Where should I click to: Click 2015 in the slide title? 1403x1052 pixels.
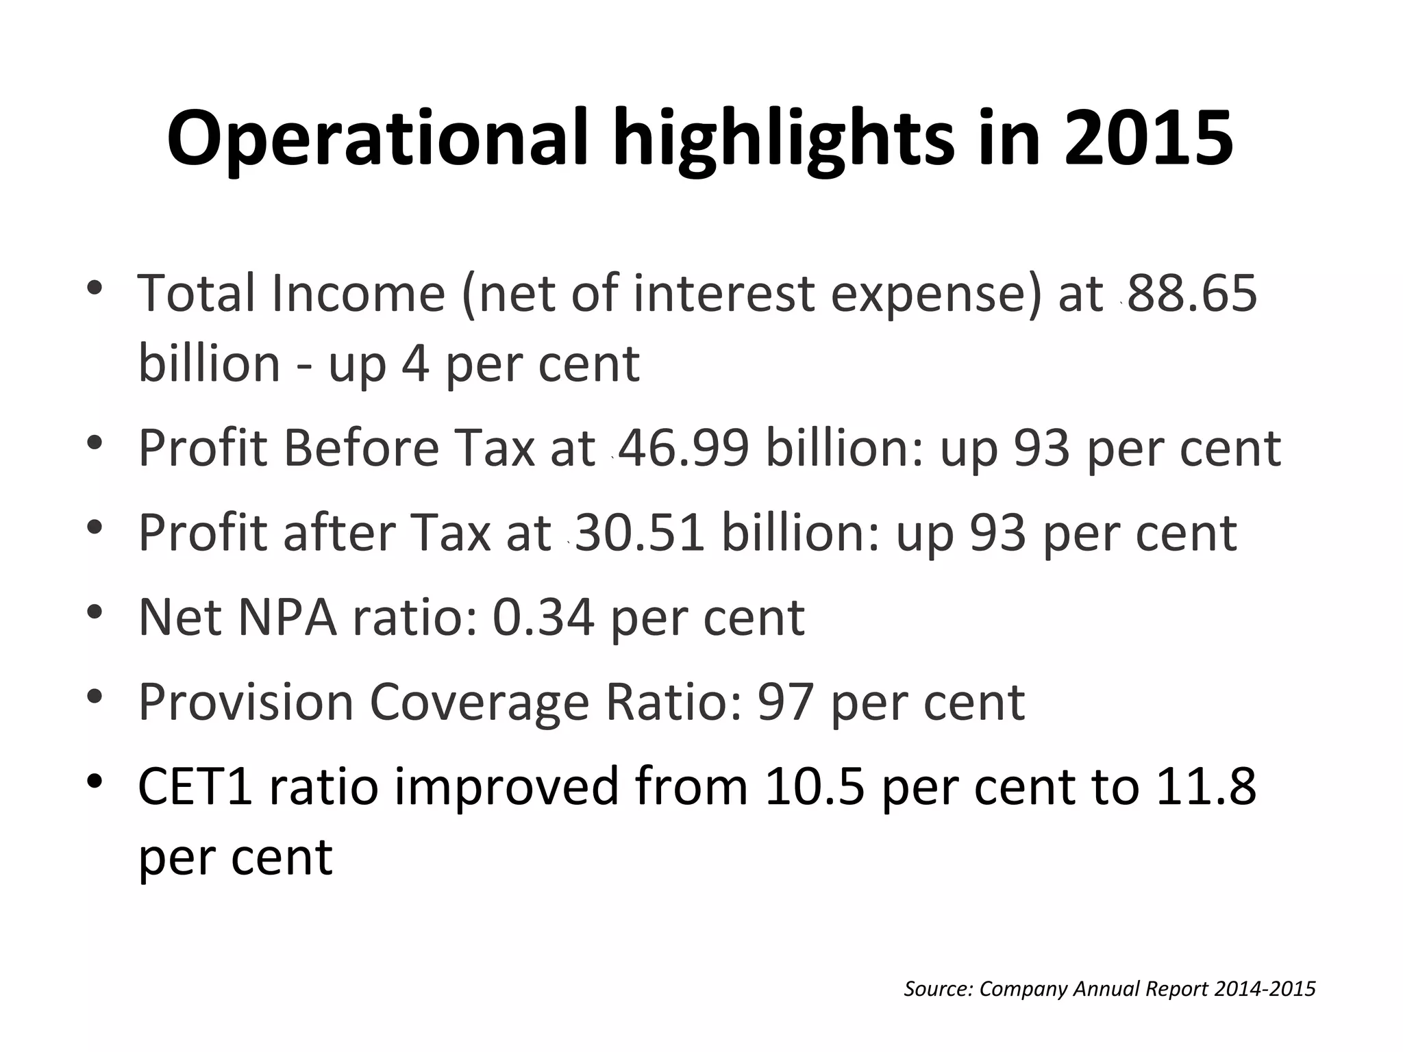point(1148,139)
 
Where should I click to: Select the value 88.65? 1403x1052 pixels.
point(1192,293)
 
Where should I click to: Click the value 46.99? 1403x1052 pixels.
point(684,449)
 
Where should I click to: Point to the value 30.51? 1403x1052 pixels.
point(640,533)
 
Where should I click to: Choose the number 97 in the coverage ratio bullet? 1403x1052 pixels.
point(785,702)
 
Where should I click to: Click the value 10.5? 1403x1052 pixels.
point(815,786)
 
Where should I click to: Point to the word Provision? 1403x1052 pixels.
point(245,702)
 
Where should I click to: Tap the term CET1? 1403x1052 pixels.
point(195,786)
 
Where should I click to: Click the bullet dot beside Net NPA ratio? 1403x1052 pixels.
point(95,611)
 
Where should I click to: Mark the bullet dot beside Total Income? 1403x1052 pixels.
point(95,286)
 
